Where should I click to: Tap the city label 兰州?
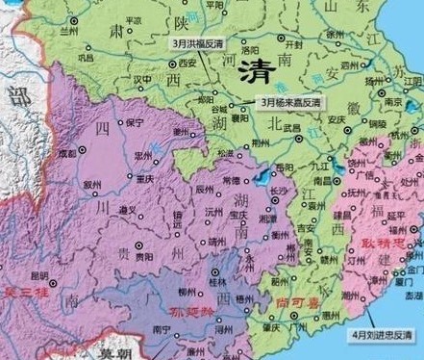68,31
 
